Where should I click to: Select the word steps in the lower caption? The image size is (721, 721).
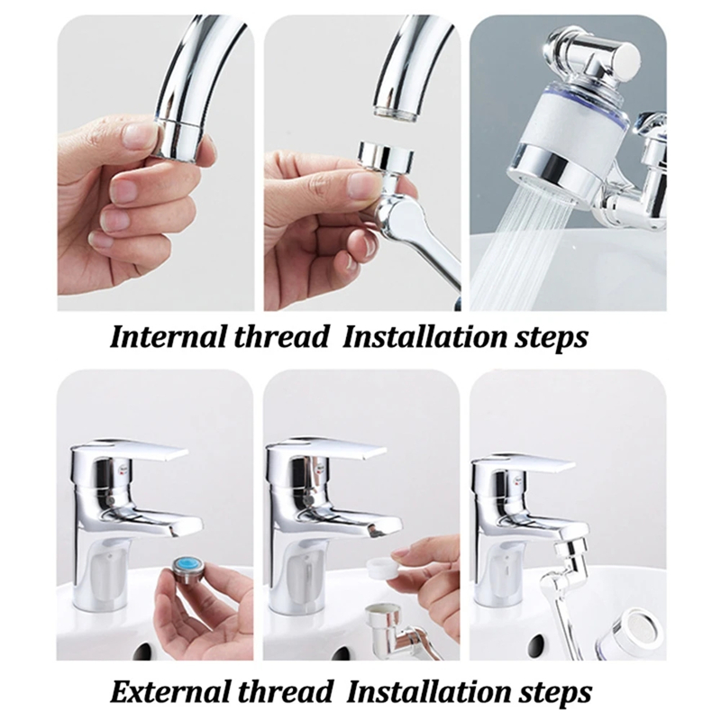tap(553, 692)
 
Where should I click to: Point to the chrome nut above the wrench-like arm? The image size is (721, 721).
tap(385, 158)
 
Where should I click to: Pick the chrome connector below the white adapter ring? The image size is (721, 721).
tap(382, 626)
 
